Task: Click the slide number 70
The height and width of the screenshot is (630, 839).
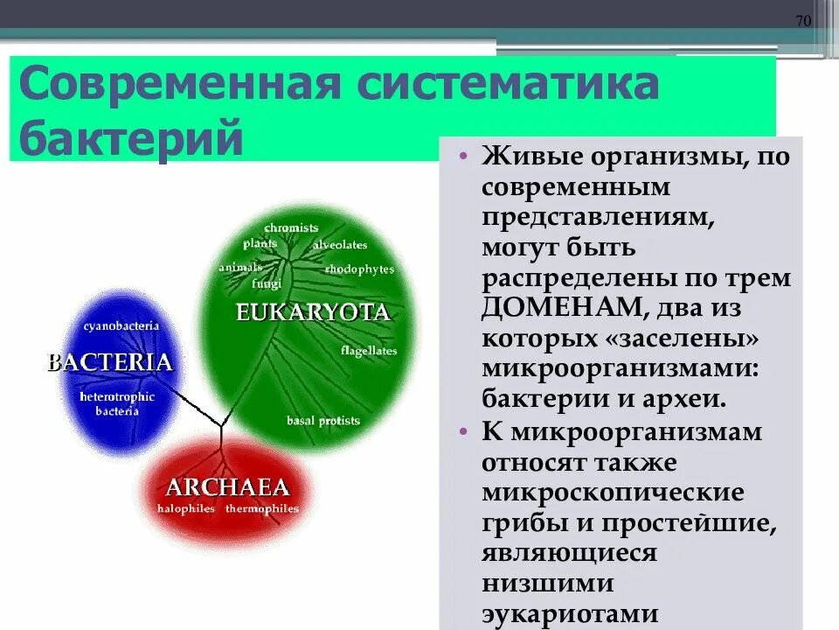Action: (803, 21)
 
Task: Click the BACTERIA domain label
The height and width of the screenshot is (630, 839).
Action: (109, 363)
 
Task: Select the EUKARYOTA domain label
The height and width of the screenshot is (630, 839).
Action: (312, 312)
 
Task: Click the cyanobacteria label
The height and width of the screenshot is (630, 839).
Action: (121, 325)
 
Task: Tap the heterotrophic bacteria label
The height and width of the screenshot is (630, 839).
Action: (116, 403)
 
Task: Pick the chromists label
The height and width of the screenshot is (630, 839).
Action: (291, 227)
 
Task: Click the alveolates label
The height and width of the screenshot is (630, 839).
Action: (340, 245)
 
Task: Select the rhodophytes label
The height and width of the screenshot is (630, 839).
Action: (359, 269)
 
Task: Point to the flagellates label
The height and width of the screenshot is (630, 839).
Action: (369, 351)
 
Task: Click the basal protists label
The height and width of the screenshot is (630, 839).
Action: (322, 421)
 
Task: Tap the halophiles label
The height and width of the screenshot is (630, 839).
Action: (187, 508)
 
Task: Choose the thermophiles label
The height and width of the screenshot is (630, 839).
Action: (261, 508)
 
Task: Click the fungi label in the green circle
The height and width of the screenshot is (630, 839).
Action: (266, 283)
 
